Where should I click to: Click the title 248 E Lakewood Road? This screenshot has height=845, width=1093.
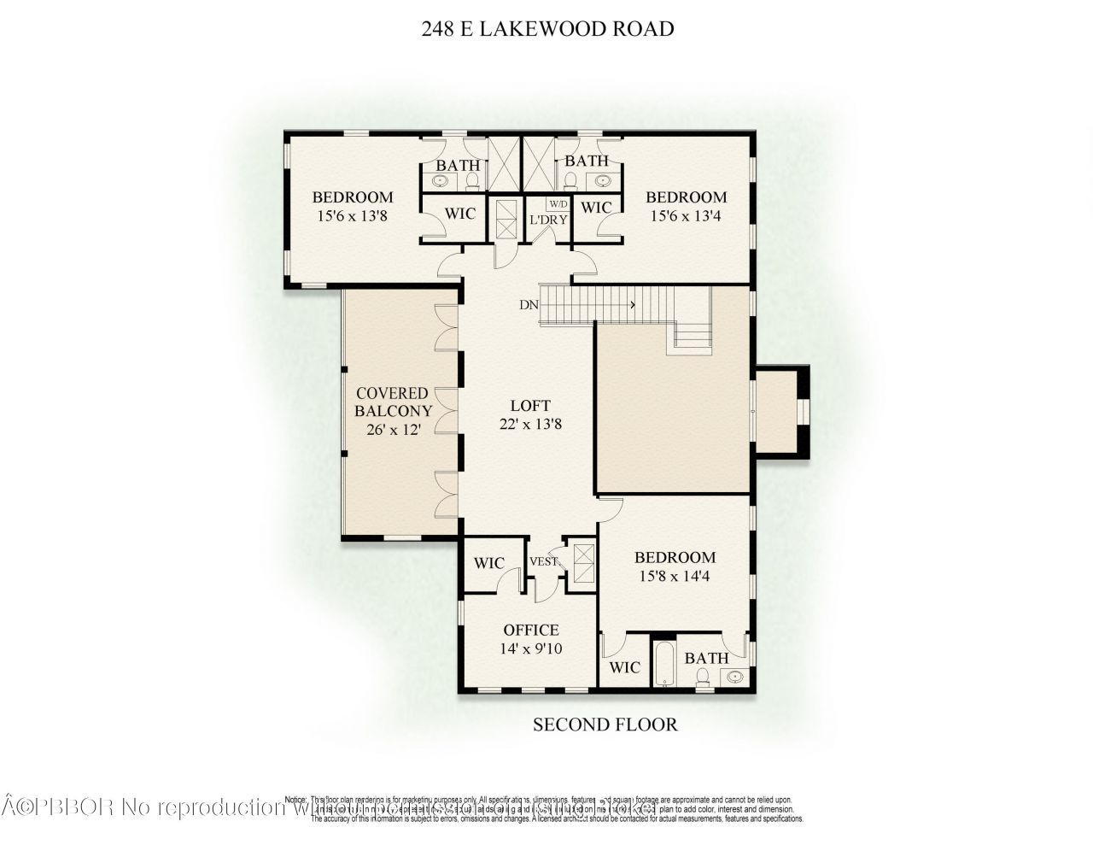547,29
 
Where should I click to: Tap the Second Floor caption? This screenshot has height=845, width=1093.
605,725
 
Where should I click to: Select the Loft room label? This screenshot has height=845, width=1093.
530,406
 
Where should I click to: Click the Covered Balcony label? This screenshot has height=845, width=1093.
394,402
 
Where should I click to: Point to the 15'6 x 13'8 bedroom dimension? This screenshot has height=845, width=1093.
352,216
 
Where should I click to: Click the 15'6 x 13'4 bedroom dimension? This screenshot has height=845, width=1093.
686,216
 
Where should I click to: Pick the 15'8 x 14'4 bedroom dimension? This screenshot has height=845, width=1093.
675,576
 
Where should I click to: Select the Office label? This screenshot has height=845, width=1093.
531,631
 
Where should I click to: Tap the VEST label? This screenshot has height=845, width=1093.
544,561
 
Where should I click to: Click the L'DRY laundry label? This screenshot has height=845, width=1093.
547,220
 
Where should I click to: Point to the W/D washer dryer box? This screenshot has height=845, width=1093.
558,205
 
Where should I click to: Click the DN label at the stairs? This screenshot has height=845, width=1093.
528,304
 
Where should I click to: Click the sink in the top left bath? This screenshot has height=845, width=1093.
441,181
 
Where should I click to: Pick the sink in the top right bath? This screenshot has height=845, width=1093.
603,181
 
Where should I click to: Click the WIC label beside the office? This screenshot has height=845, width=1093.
488,564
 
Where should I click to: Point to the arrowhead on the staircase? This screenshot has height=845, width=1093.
633,304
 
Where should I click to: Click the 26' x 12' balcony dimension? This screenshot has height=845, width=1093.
394,431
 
